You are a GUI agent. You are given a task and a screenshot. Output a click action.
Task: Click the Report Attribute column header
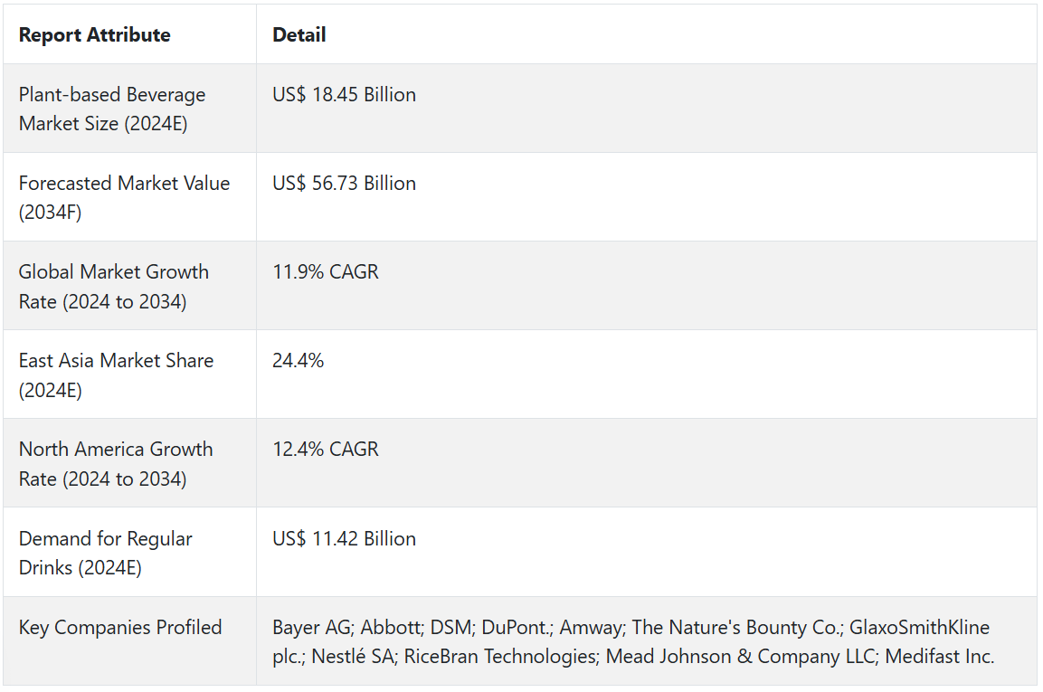point(94,35)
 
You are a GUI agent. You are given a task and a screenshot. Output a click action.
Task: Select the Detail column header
point(299,35)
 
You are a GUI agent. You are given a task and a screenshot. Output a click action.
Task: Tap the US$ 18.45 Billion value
point(344,95)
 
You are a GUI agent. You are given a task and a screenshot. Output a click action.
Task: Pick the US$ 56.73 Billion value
point(344,184)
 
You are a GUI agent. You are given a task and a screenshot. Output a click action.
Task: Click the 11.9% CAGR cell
point(326,272)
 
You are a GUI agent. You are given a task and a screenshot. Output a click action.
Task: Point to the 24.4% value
point(298,361)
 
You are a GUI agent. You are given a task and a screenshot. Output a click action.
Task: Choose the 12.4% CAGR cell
point(326,450)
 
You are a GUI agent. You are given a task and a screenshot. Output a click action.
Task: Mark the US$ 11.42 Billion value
point(344,539)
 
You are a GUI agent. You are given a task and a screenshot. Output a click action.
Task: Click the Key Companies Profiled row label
point(120,628)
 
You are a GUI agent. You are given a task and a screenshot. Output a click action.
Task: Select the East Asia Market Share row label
point(116,374)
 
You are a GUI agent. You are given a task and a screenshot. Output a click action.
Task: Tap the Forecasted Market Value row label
point(124,197)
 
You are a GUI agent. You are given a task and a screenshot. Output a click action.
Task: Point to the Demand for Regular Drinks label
point(105,553)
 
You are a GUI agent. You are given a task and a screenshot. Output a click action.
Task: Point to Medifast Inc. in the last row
point(940,657)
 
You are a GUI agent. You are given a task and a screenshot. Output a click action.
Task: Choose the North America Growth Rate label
point(116,463)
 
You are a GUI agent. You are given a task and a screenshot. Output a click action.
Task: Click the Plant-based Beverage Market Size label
point(111,109)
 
